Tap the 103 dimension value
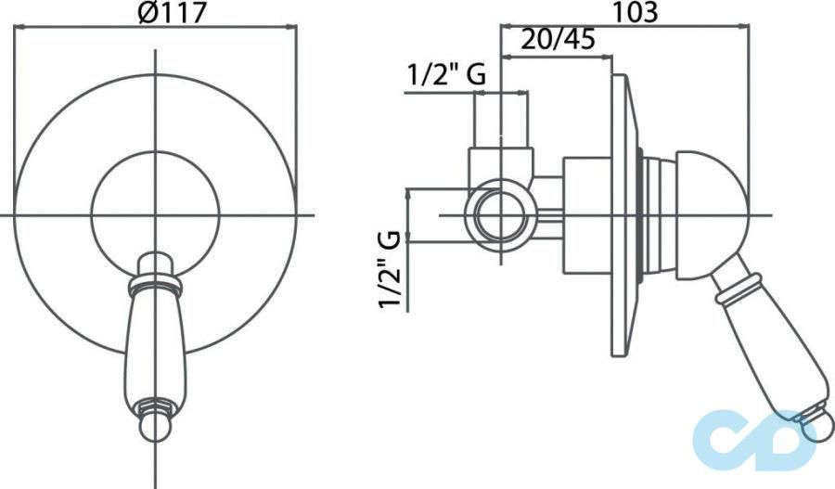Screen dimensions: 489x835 point(636,12)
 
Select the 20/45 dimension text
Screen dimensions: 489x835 point(558,40)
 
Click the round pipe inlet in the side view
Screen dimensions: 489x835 point(502,215)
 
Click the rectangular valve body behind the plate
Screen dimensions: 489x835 point(586,214)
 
